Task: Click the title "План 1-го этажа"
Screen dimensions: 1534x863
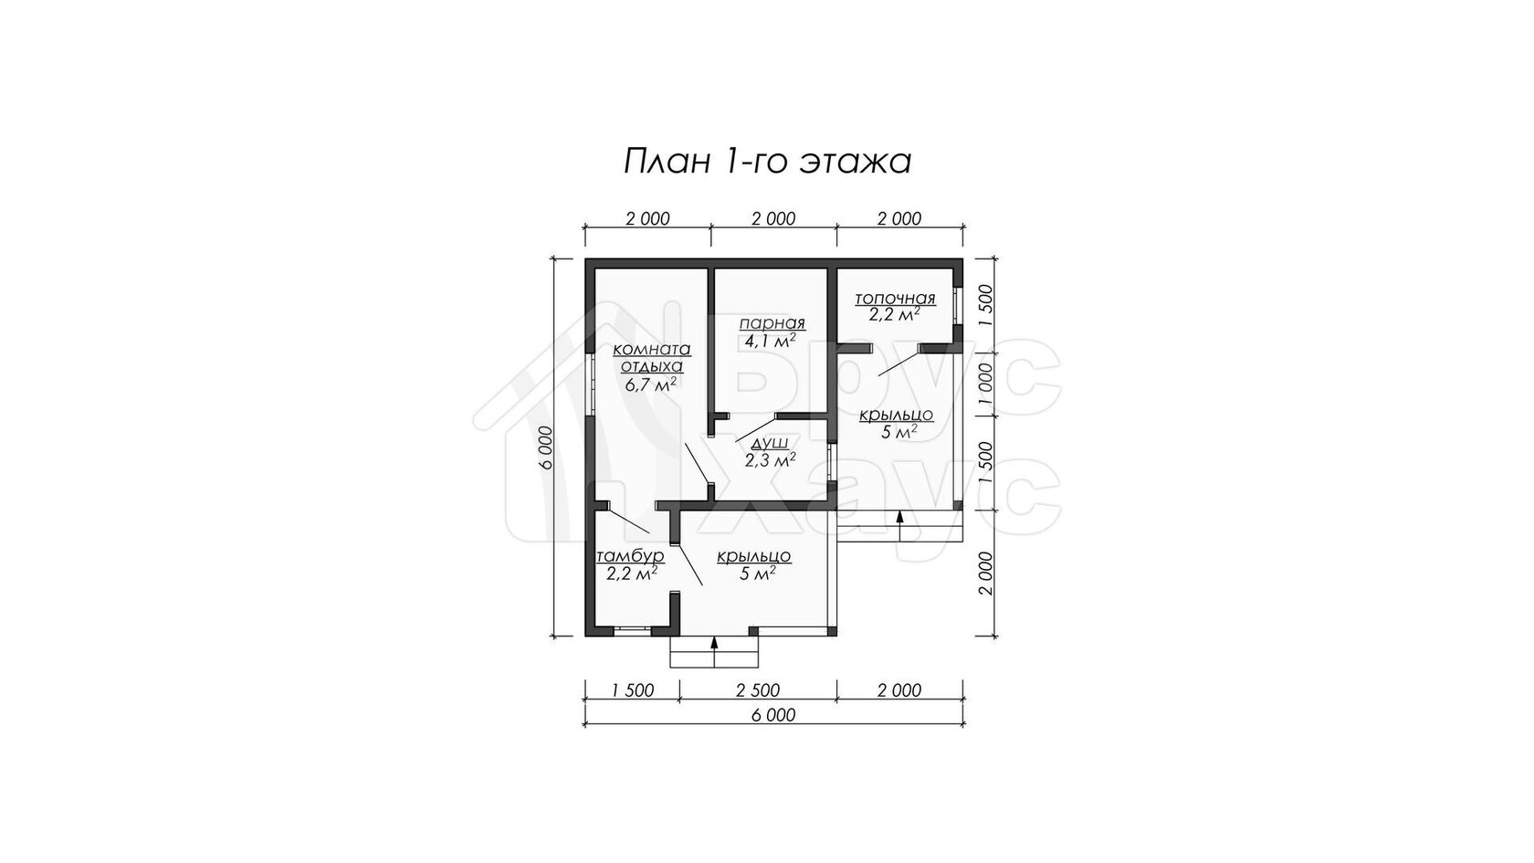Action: (x=767, y=162)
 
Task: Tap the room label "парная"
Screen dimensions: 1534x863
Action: (x=772, y=323)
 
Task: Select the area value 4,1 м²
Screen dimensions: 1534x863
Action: (x=771, y=341)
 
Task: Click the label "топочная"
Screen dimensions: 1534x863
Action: (x=895, y=299)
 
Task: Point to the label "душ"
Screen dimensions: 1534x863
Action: (x=771, y=442)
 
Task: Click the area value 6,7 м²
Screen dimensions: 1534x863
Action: (x=650, y=384)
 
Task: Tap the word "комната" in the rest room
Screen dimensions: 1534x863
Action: (x=652, y=350)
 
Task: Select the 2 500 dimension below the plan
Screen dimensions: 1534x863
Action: (x=758, y=690)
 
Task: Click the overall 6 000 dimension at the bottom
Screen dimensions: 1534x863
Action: (x=773, y=716)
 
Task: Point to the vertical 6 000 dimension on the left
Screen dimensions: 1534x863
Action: (x=545, y=447)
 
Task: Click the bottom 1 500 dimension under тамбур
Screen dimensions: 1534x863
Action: (x=632, y=690)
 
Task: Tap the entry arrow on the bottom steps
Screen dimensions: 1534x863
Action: (x=714, y=650)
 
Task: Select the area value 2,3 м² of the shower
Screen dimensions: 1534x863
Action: (x=771, y=459)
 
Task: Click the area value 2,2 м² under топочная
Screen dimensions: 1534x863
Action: (x=895, y=314)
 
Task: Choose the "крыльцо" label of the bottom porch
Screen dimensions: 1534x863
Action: (x=754, y=557)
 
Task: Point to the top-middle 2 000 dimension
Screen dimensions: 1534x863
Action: (x=773, y=219)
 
